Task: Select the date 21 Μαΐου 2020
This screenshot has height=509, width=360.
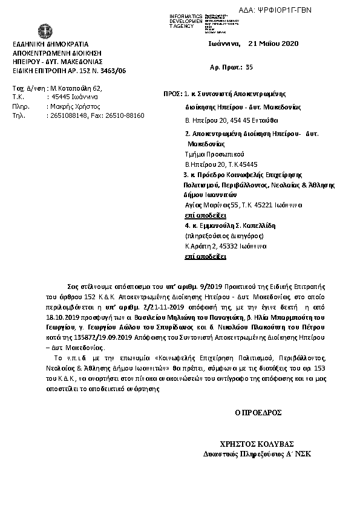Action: [273, 44]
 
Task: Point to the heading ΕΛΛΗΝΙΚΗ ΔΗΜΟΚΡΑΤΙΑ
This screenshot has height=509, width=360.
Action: [50, 44]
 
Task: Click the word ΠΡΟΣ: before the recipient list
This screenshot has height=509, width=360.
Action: [173, 94]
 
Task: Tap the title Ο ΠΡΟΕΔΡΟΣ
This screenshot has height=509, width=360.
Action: [258, 413]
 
